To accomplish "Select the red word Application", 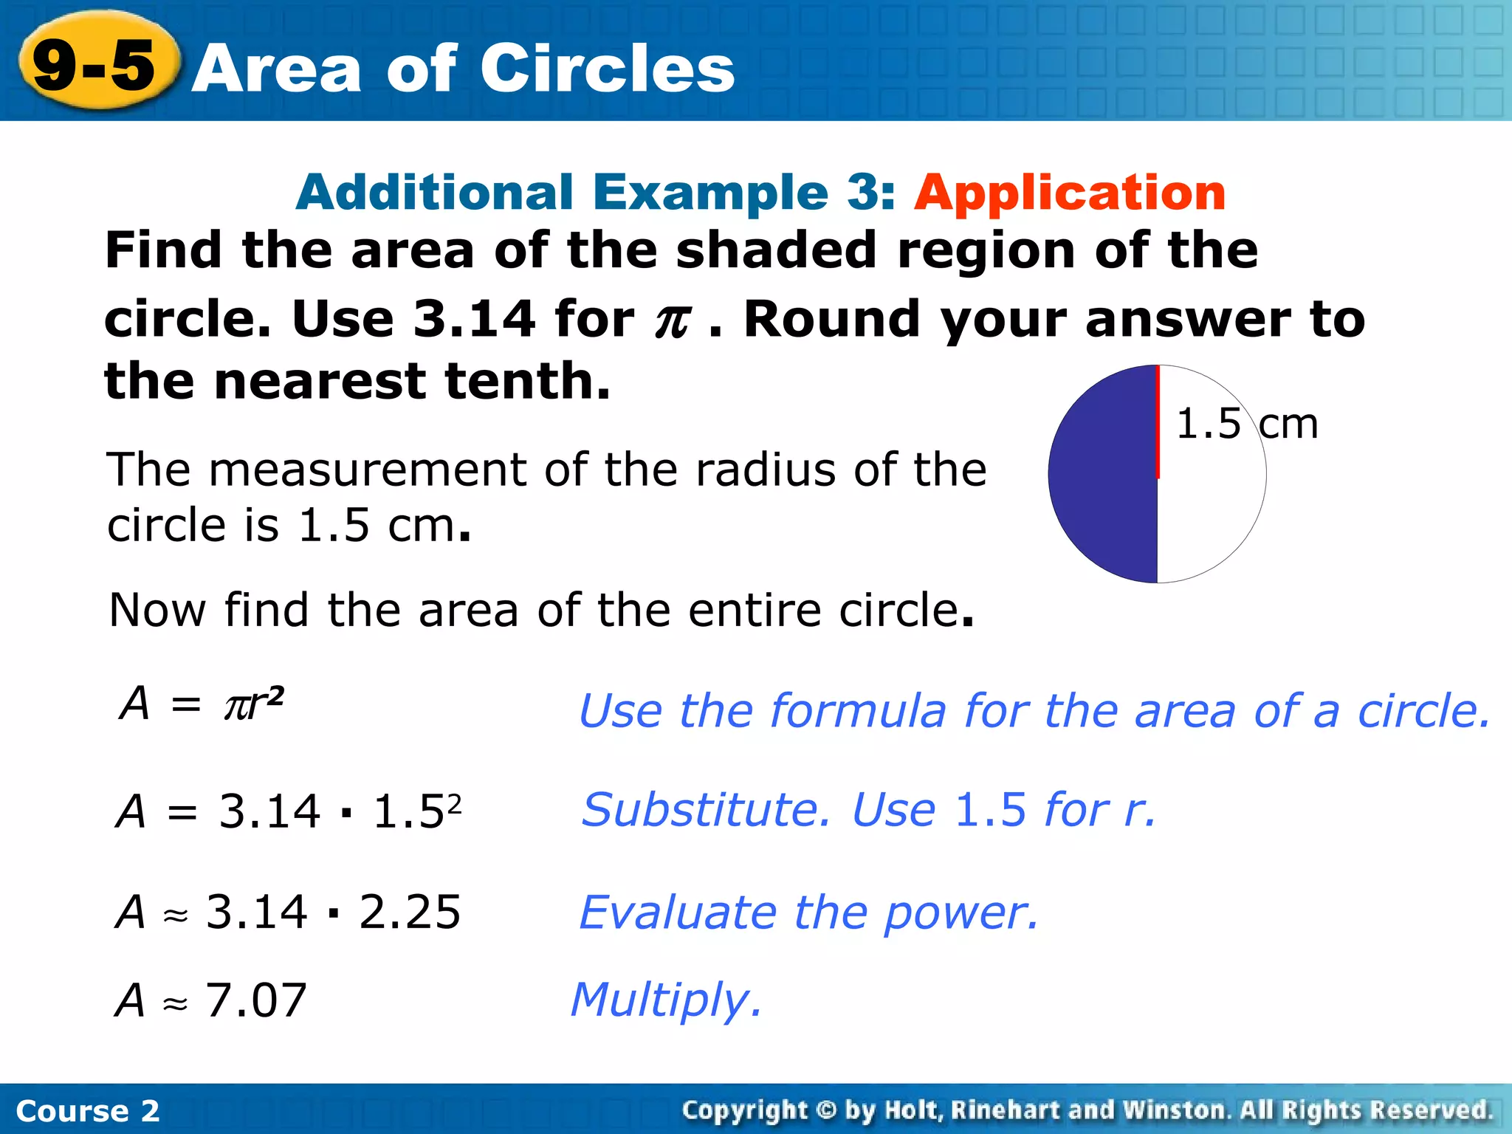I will (x=1070, y=193).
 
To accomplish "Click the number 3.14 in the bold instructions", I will (x=473, y=319).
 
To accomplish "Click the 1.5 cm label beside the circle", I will (x=1246, y=424).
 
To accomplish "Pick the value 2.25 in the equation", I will (x=410, y=912).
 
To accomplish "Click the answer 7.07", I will (x=255, y=1000).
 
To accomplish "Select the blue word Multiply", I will (x=664, y=1000).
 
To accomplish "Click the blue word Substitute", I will (x=706, y=810).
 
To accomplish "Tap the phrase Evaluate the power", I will (x=808, y=913).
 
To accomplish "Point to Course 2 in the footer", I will (x=87, y=1111).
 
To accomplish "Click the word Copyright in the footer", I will (x=744, y=1110).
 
